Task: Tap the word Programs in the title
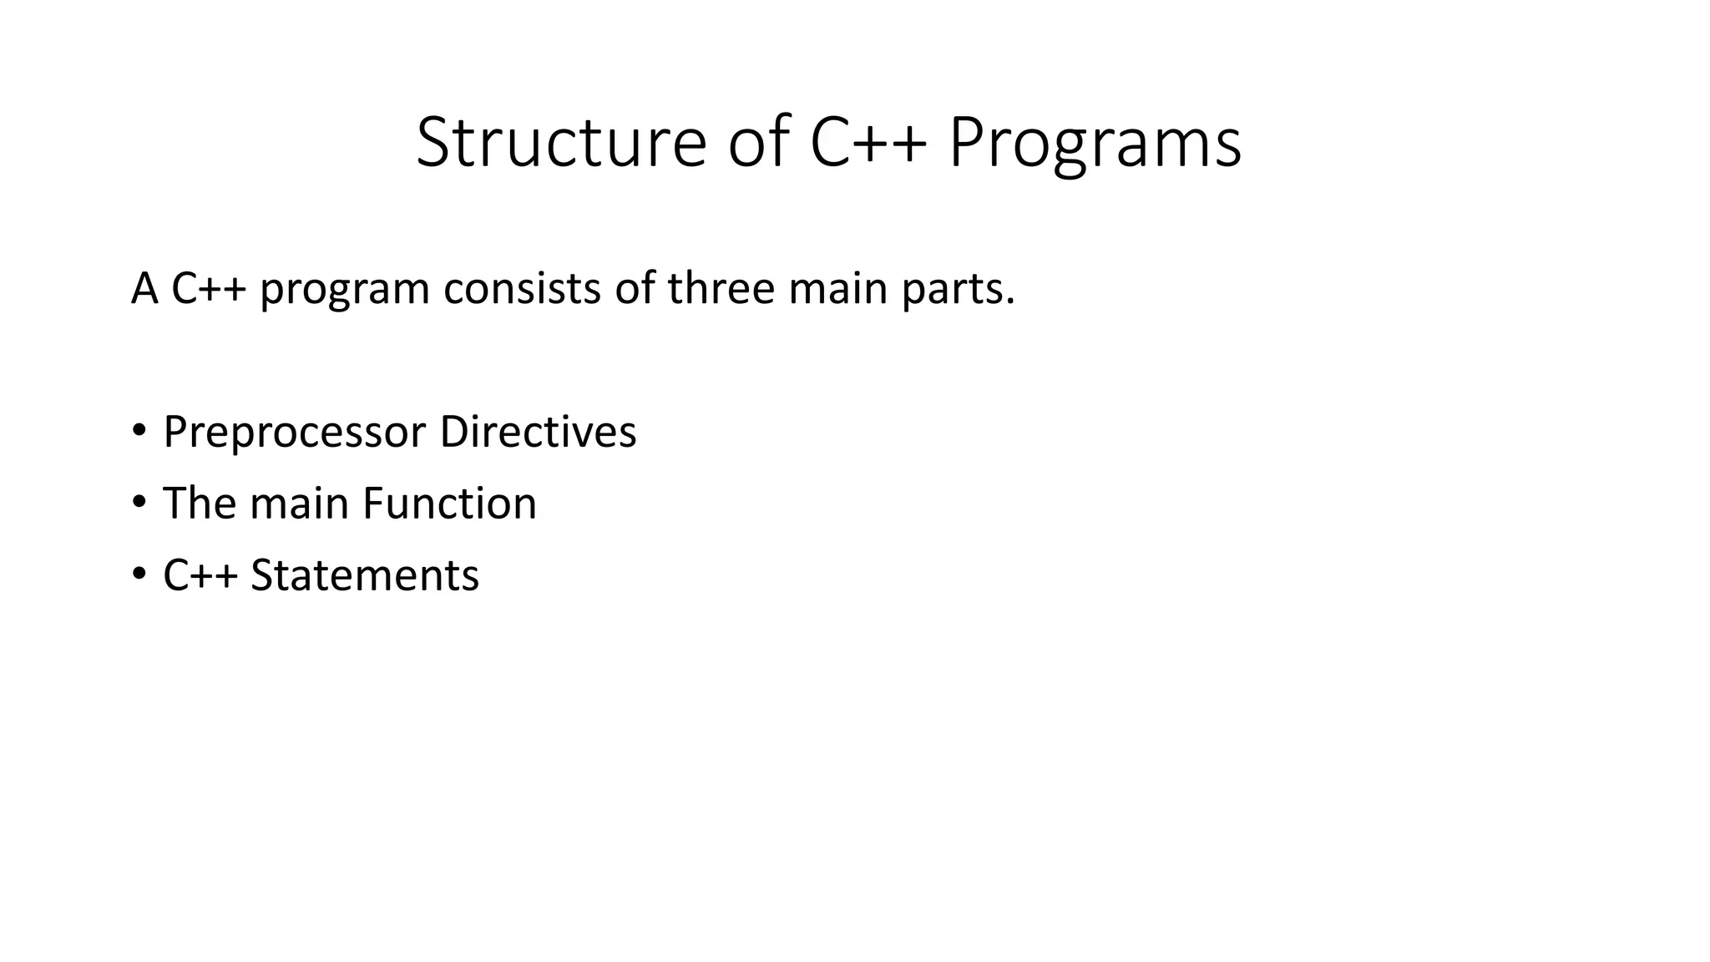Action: point(1095,144)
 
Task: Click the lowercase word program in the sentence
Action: point(344,290)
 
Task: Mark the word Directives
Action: point(538,432)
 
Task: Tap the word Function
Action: point(449,504)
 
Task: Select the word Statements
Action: point(365,575)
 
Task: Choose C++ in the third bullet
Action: point(200,575)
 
